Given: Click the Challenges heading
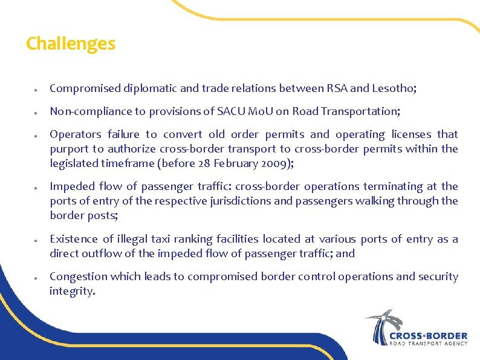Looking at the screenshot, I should pyautogui.click(x=70, y=44).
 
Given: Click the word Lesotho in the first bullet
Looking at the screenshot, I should pyautogui.click(x=395, y=88).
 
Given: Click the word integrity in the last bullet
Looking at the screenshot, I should pyautogui.click(x=71, y=291).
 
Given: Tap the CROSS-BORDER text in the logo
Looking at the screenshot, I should pyautogui.click(x=429, y=335).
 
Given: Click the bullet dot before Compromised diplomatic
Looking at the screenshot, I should pyautogui.click(x=37, y=90).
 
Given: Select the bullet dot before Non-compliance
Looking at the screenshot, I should pyautogui.click(x=37, y=113).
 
